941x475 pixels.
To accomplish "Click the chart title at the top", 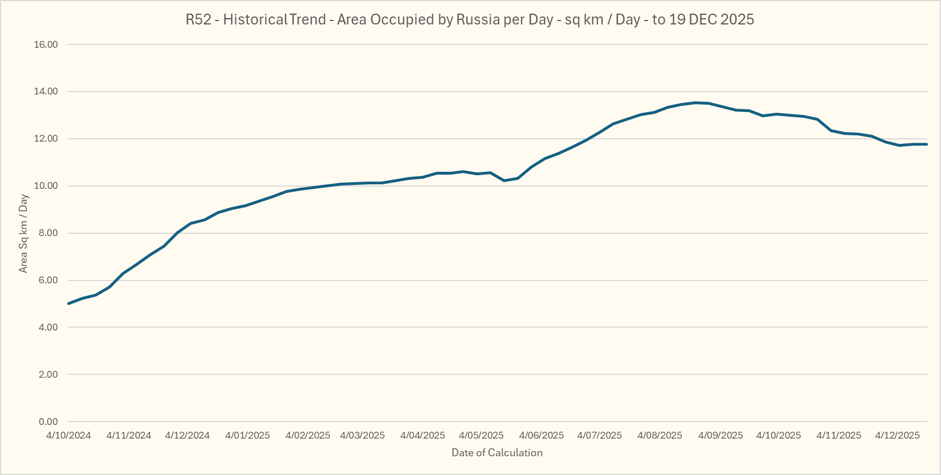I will click(470, 19).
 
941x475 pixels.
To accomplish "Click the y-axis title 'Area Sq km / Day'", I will click(23, 233).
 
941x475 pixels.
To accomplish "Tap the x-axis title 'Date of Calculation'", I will click(497, 453).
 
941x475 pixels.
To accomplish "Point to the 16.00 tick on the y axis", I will click(46, 44).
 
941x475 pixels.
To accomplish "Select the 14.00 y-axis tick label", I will click(46, 92).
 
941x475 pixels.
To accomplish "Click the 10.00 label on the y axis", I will click(46, 186).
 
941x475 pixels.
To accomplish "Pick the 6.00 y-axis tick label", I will click(48, 280).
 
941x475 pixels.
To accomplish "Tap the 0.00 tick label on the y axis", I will click(48, 422).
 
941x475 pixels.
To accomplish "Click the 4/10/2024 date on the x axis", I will click(68, 436).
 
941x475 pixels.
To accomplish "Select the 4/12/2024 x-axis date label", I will click(188, 436).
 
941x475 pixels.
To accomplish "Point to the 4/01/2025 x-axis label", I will click(247, 436).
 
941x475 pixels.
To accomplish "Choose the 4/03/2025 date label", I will click(362, 436).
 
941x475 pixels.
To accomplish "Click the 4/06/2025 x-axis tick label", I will click(541, 436).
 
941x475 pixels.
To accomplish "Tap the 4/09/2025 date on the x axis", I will click(720, 436).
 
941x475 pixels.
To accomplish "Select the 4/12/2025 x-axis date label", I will click(897, 436).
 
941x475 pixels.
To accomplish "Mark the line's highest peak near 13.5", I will click(695, 103).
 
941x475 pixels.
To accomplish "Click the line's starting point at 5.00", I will click(69, 303).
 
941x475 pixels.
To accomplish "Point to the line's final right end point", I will click(926, 144).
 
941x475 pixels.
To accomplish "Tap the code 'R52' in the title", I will click(198, 19).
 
